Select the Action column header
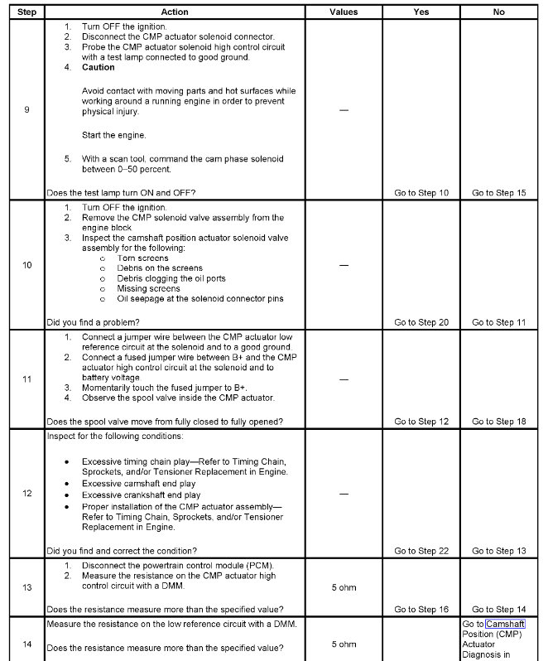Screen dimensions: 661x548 tap(175, 12)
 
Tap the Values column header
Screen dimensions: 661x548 tap(344, 12)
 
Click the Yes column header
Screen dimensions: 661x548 tap(421, 12)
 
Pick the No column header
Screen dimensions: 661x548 tap(498, 12)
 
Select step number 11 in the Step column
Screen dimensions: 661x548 tap(27, 379)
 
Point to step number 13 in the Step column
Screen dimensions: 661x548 tap(27, 587)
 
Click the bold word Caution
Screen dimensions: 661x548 tap(99, 67)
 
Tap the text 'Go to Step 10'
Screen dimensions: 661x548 tap(421, 193)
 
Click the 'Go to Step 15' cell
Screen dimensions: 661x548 tap(498, 193)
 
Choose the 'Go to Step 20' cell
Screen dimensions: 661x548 tap(421, 322)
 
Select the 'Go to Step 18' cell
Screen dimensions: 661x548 tap(498, 422)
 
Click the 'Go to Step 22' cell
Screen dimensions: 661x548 tap(421, 551)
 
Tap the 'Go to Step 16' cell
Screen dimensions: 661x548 tap(421, 610)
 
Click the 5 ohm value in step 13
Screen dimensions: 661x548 tap(344, 587)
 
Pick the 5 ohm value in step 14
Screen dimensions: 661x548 tap(344, 644)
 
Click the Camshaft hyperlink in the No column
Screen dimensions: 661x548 tap(505, 624)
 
